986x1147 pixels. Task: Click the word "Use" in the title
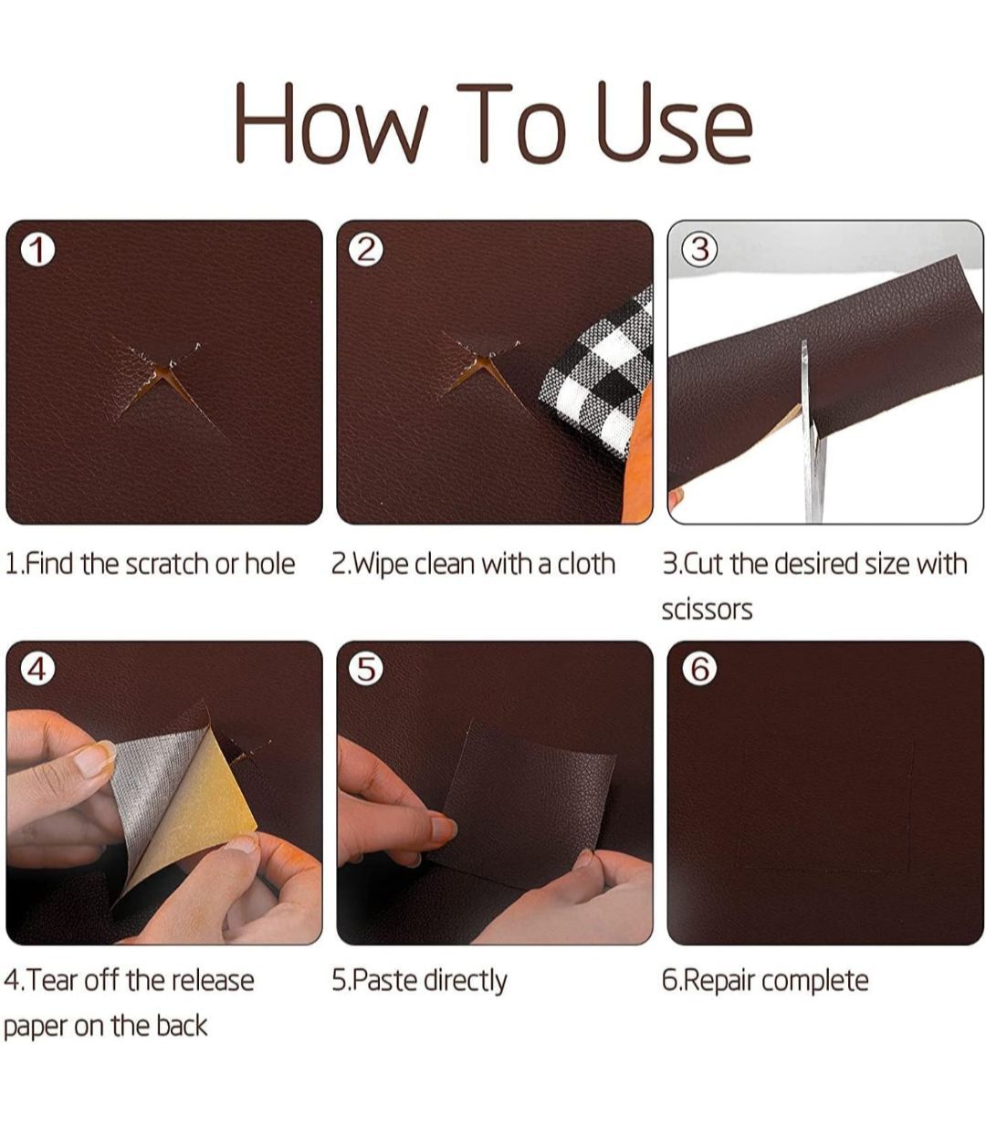pos(675,122)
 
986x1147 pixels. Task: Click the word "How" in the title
pos(332,122)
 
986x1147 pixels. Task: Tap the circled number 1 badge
pos(37,250)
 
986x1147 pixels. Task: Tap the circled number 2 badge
pos(366,250)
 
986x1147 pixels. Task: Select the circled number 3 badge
pos(699,250)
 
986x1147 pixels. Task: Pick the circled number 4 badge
pos(37,670)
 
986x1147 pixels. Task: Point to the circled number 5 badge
pos(366,670)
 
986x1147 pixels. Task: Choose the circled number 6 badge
pos(699,670)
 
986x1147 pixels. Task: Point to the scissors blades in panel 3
pos(812,433)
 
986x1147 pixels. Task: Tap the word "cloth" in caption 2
pos(586,564)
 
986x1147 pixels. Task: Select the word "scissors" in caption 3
pos(707,610)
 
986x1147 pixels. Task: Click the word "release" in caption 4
pos(213,981)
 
